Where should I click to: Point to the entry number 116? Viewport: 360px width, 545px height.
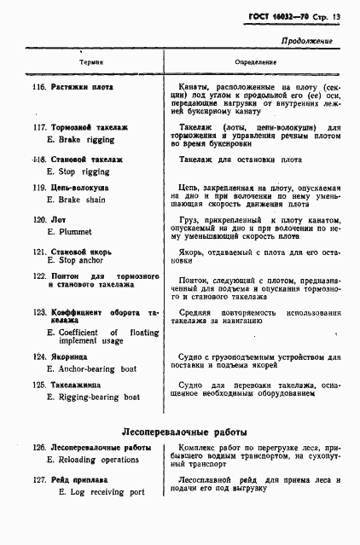click(38, 87)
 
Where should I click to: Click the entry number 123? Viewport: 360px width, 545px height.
click(38, 312)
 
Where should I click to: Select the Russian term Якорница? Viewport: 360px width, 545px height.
click(72, 357)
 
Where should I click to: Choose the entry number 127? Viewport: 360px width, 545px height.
click(38, 480)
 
